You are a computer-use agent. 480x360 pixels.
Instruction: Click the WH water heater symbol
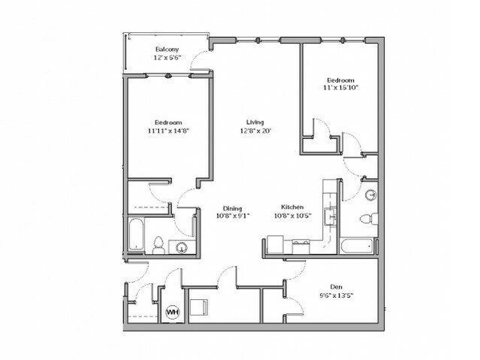click(x=173, y=313)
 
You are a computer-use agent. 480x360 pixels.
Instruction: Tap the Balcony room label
click(x=168, y=49)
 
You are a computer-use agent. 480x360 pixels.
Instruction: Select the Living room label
click(x=255, y=122)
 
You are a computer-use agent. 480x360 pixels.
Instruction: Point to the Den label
click(x=336, y=287)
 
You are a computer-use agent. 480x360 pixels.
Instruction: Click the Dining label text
click(x=232, y=209)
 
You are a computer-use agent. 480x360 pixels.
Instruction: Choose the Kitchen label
click(x=292, y=207)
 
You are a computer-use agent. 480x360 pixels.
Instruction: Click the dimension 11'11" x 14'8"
click(x=168, y=131)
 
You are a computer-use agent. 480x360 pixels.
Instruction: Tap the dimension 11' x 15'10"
click(x=341, y=88)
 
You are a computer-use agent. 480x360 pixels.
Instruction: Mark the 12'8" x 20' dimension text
click(x=255, y=131)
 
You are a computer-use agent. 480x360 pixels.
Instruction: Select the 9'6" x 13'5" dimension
click(x=337, y=295)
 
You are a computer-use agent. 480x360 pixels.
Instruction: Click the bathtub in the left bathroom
click(x=136, y=234)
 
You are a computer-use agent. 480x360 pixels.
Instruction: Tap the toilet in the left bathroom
click(x=158, y=246)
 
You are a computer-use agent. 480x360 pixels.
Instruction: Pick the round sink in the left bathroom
click(x=183, y=247)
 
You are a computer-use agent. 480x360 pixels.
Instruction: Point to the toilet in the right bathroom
click(x=369, y=219)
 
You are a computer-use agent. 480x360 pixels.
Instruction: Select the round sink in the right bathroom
click(x=371, y=195)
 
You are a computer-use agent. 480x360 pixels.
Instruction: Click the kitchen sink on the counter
click(x=331, y=216)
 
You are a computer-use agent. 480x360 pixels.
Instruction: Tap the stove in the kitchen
click(x=300, y=247)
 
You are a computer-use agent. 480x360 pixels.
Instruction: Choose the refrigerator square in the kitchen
click(x=275, y=244)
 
